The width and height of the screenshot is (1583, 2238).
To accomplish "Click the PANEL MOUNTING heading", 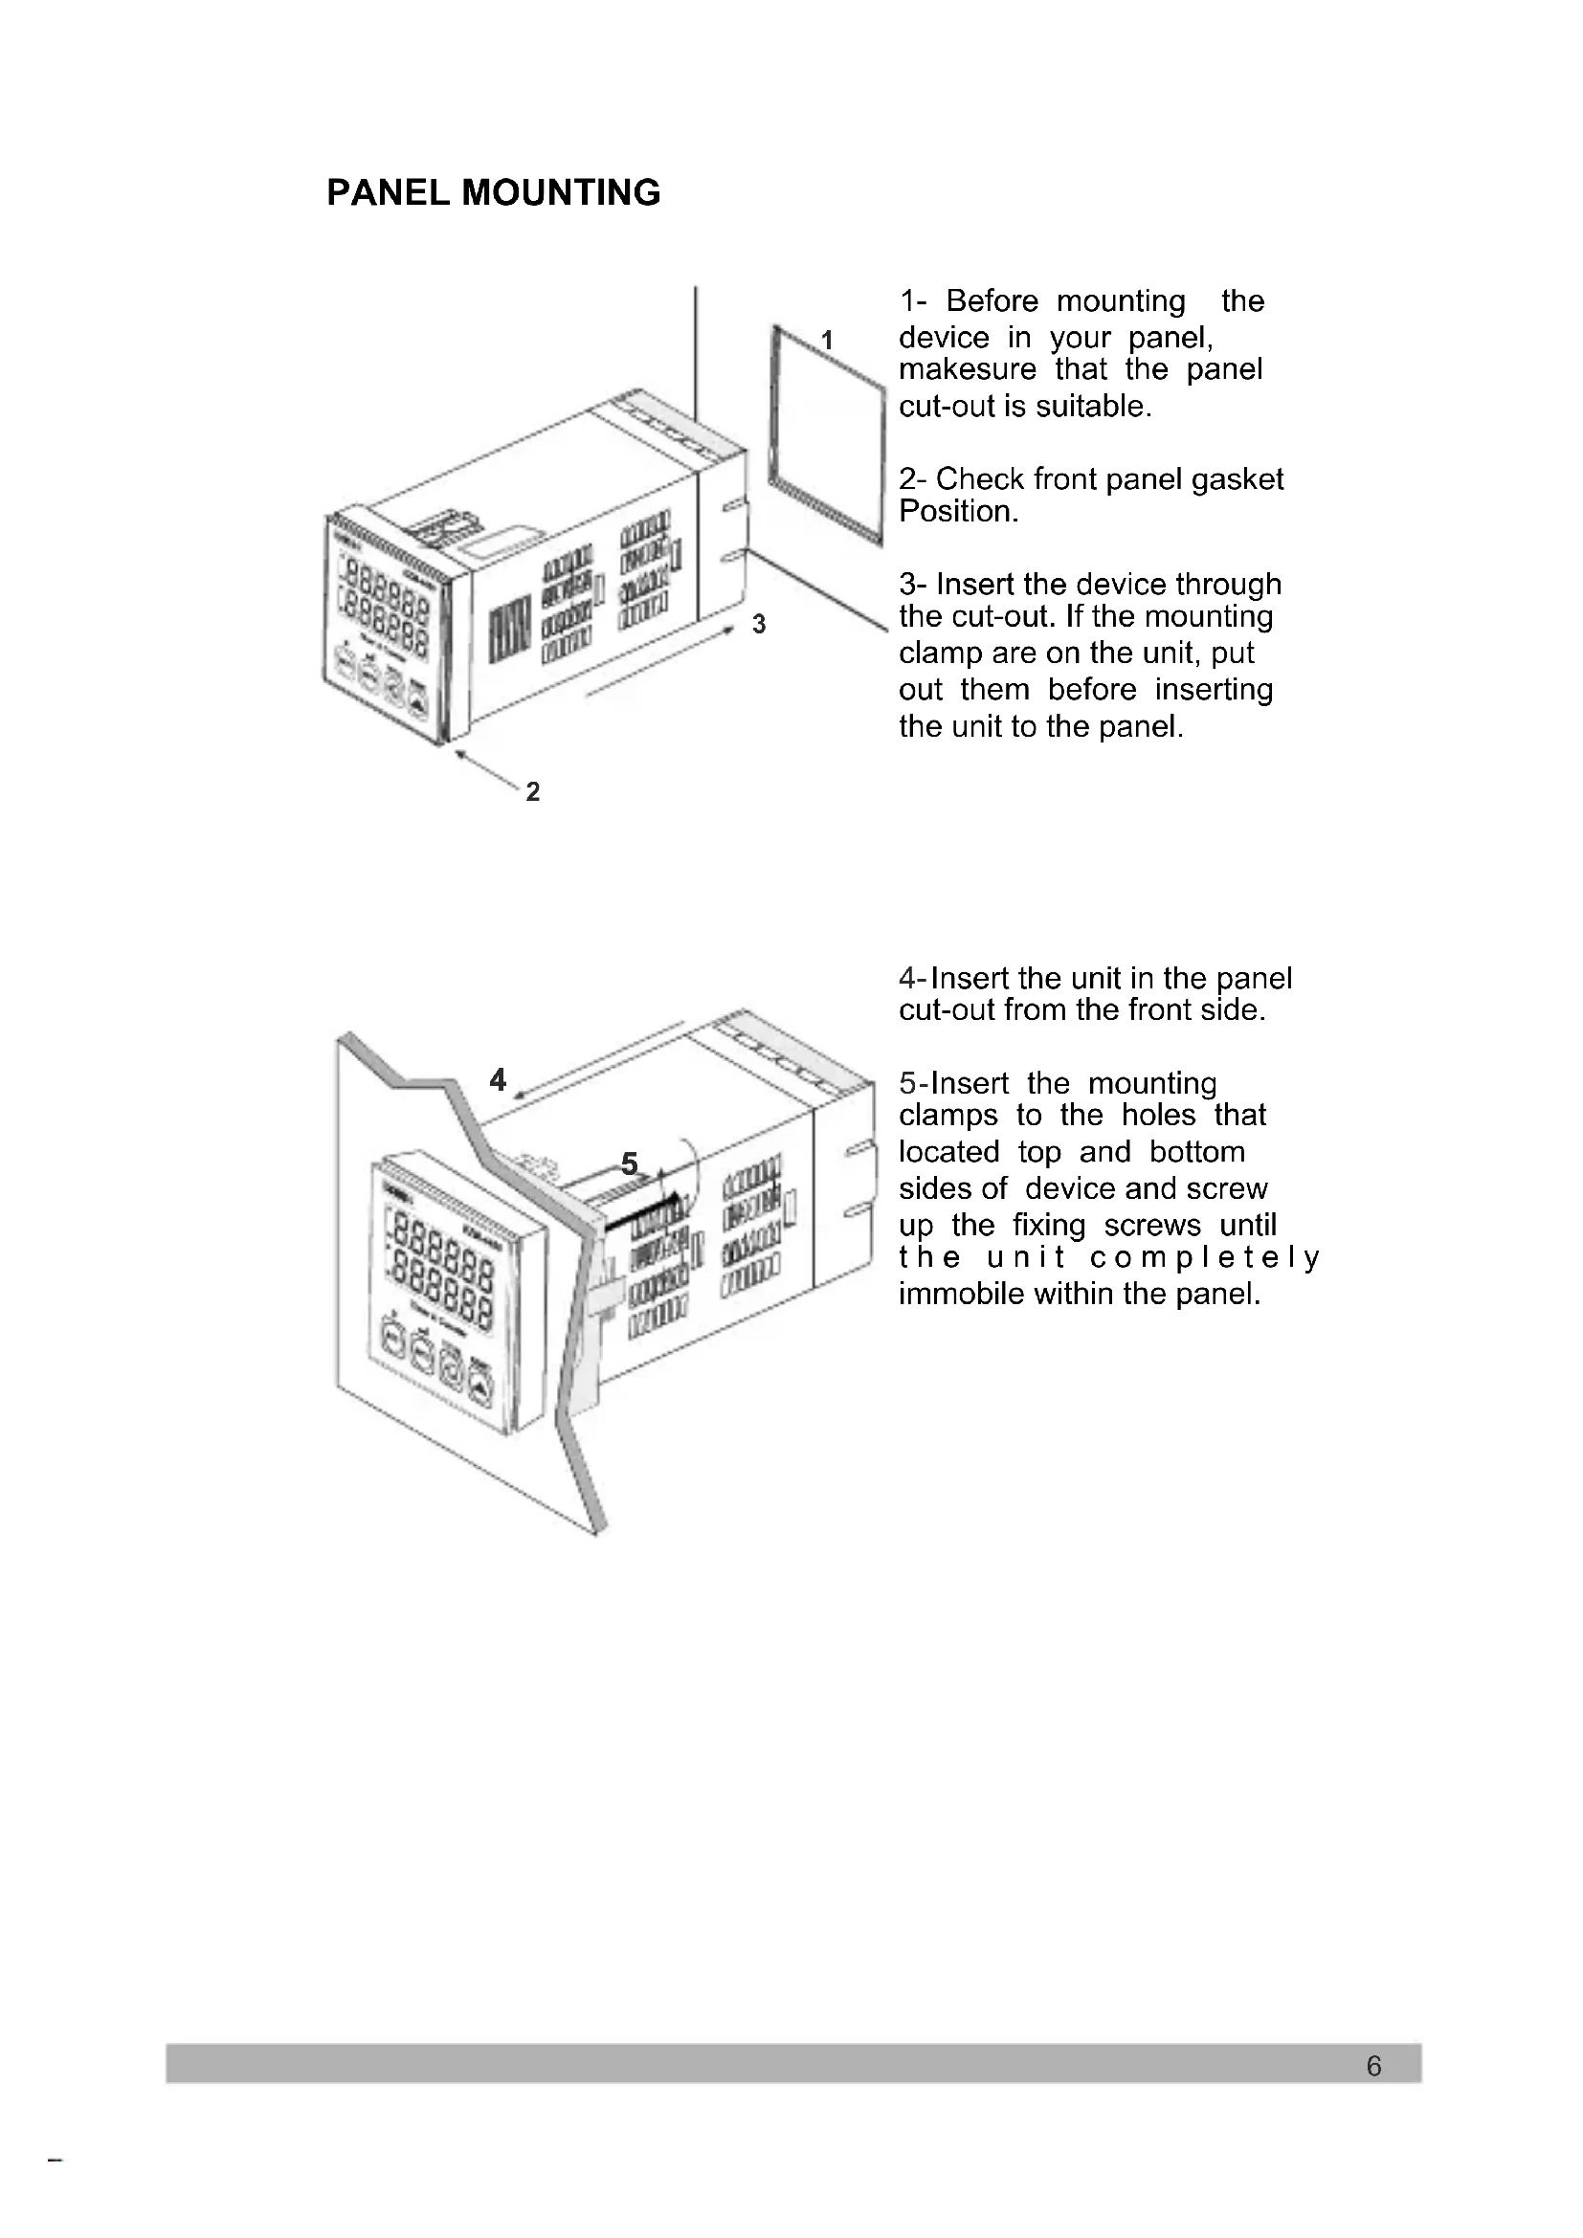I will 493,193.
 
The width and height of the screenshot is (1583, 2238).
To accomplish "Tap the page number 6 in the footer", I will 1373,2066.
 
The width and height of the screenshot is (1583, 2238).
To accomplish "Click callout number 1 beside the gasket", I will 827,341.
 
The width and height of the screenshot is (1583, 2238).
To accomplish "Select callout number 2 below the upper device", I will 532,791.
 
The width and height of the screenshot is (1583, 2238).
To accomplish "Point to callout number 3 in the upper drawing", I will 758,624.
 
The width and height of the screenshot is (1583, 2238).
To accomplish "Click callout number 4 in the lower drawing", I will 498,1080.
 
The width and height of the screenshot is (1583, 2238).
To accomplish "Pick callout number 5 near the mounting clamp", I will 630,1163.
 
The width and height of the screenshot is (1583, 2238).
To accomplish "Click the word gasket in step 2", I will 1237,479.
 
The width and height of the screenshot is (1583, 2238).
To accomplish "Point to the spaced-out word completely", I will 1205,1257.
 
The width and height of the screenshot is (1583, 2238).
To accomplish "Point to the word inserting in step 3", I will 1214,690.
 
